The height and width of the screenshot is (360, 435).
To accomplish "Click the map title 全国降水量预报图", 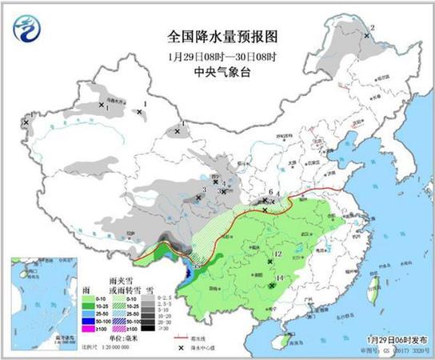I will tap(212, 36).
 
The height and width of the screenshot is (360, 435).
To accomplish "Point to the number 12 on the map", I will tap(277, 254).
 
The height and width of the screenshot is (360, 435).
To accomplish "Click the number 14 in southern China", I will tap(280, 279).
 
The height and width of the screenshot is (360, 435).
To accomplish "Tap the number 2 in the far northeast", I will tap(373, 28).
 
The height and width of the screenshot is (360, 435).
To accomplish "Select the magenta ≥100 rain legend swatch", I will tap(90, 328).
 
